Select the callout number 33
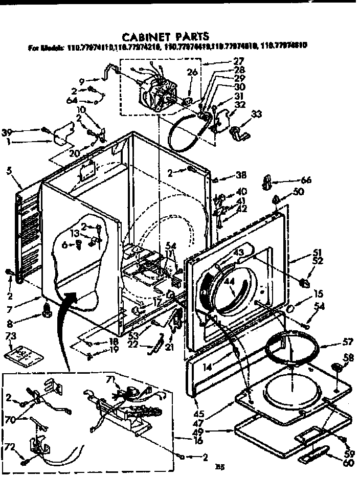tap(256, 113)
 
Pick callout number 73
tap(11, 335)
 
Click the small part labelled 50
tap(276, 198)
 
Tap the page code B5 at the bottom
tap(219, 466)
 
